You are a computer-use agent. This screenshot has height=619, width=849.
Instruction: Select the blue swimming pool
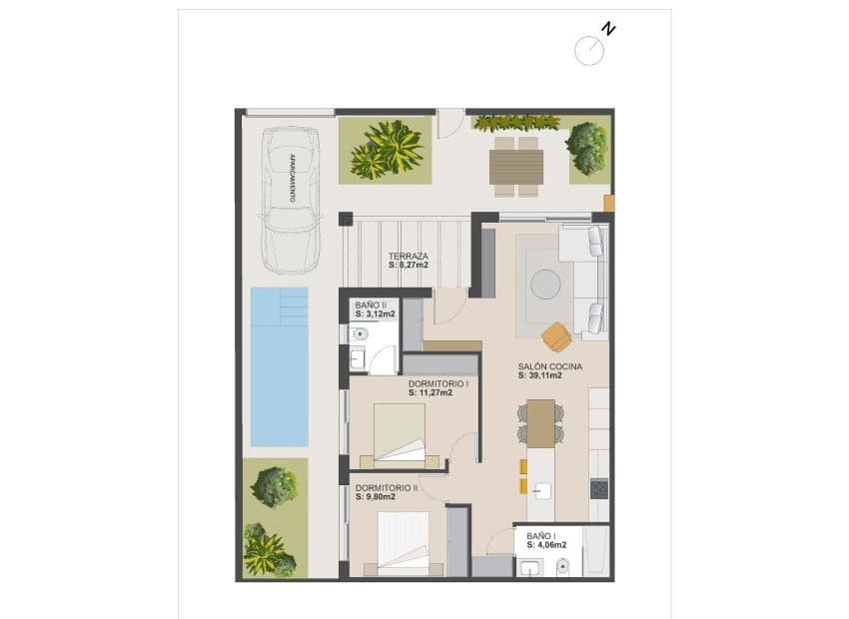point(279,365)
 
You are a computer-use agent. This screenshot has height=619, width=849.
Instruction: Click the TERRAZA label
point(409,256)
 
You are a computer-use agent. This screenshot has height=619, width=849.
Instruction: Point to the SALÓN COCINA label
point(550,366)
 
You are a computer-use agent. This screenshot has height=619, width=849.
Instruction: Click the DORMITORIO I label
point(438,383)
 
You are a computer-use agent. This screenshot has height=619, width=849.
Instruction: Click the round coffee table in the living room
point(546,285)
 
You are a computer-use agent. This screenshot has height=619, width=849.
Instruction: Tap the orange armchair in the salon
point(555,333)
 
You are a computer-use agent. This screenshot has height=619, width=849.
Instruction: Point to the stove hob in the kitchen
point(599,489)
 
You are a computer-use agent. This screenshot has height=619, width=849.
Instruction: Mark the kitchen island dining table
point(540,423)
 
